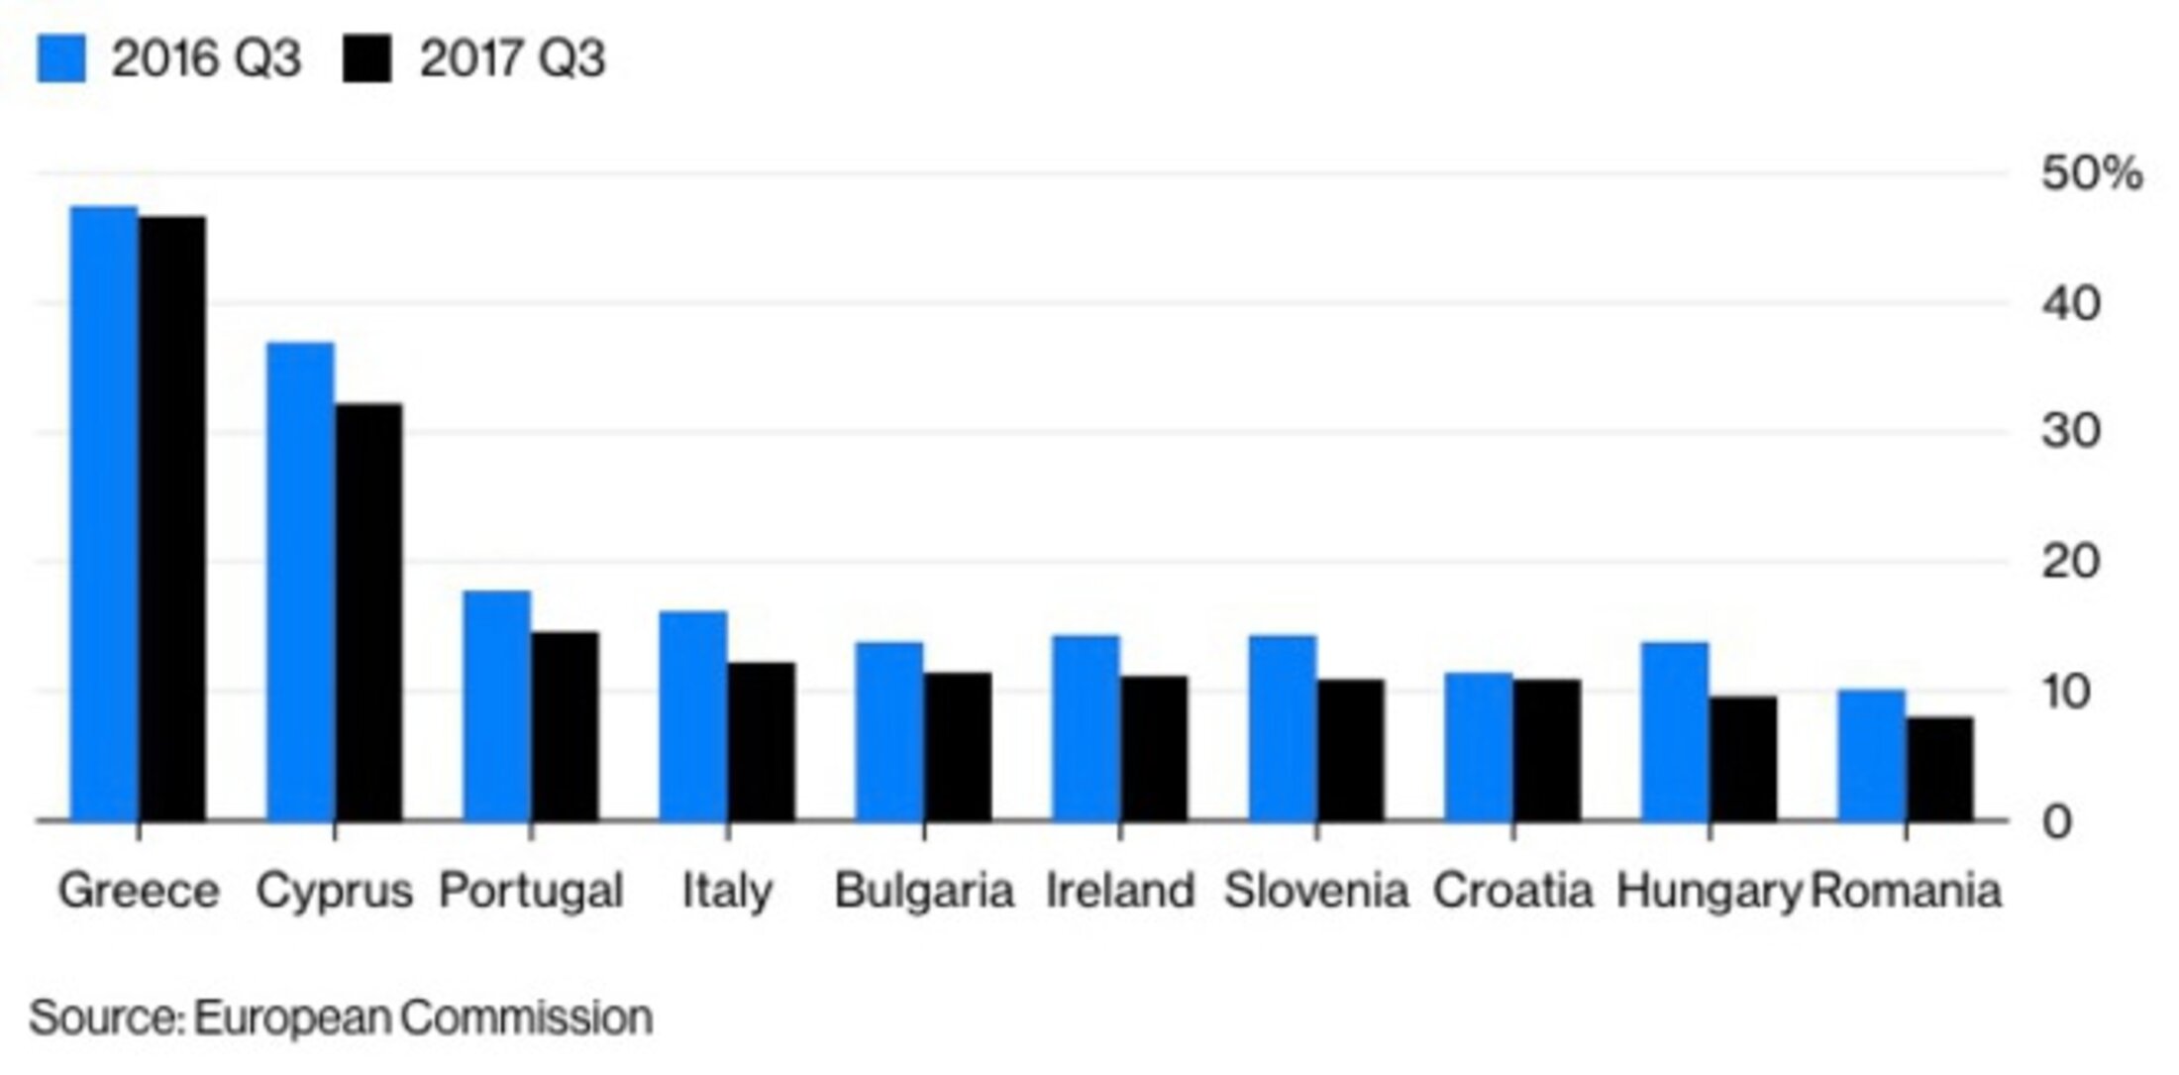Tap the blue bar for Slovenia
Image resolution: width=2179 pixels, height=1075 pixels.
pos(1283,727)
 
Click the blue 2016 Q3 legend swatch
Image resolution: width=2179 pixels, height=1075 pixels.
pos(61,58)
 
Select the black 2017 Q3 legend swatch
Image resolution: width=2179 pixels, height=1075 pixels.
pos(366,58)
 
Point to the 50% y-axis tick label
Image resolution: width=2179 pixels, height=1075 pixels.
pos(2091,175)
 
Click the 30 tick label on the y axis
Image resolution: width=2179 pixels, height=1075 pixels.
pos(2070,432)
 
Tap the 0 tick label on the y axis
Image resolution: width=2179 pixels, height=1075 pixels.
pos(2057,821)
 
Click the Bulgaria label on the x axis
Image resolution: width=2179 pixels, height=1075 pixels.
pos(923,891)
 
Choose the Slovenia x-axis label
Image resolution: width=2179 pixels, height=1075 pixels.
pos(1316,891)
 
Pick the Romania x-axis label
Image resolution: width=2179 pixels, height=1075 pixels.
pos(1906,891)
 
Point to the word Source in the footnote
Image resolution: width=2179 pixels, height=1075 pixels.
pos(105,1018)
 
